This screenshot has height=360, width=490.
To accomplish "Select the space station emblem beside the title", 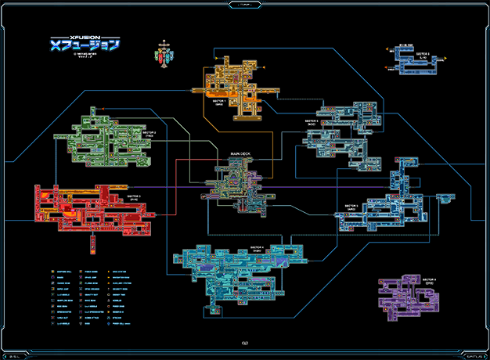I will [x=163, y=51].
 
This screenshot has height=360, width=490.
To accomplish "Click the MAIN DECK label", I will [x=240, y=153].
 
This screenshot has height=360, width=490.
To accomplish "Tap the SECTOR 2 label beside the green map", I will [x=150, y=134].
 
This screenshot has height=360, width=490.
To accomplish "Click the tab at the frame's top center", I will [x=245, y=4].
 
